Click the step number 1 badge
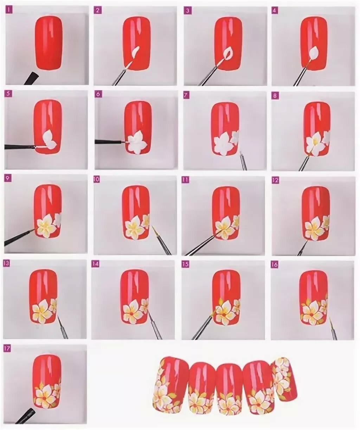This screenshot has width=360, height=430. (9, 10)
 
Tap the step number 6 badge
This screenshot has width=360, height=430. (98, 94)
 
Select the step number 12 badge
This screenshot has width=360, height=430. (275, 180)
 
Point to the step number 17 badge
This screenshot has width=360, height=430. (7, 349)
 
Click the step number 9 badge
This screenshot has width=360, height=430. (8, 178)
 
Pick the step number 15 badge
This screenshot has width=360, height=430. (185, 264)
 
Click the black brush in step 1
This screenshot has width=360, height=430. (32, 78)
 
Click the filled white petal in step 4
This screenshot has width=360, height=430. (314, 54)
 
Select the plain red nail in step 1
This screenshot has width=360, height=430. (49, 43)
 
